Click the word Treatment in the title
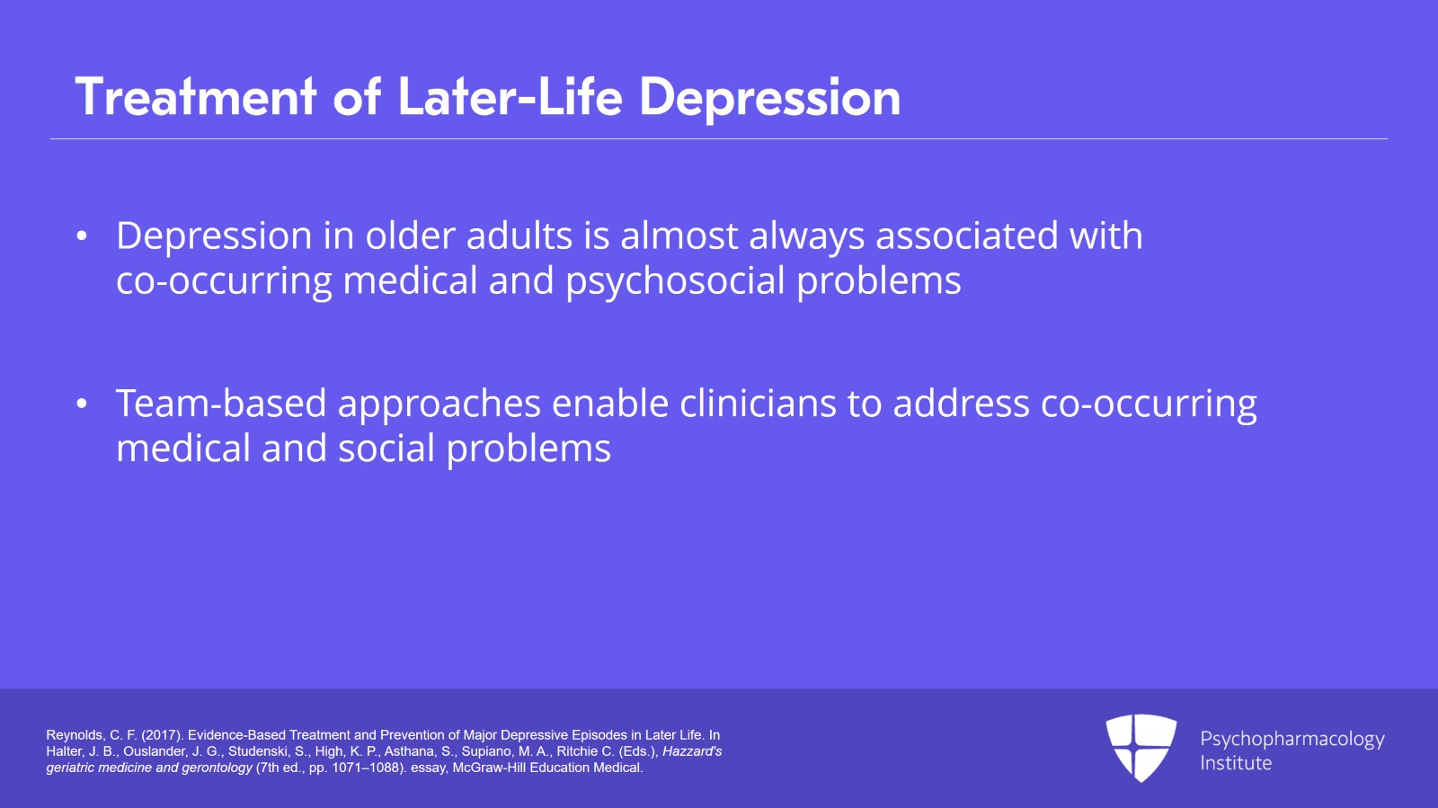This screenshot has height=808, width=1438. [196, 97]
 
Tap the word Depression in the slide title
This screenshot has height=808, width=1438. [769, 97]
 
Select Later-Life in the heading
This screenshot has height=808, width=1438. [510, 97]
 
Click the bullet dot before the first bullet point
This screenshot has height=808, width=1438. [82, 236]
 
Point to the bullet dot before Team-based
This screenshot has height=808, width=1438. [82, 404]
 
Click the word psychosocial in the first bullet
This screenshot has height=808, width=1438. [675, 281]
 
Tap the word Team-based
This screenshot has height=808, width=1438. [220, 404]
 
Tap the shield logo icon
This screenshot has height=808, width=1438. [1141, 747]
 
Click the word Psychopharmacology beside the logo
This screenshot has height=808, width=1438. [1292, 739]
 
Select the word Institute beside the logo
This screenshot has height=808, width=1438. [1236, 763]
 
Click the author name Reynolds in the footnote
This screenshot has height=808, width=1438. [75, 735]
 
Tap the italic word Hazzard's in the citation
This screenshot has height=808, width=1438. [692, 751]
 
